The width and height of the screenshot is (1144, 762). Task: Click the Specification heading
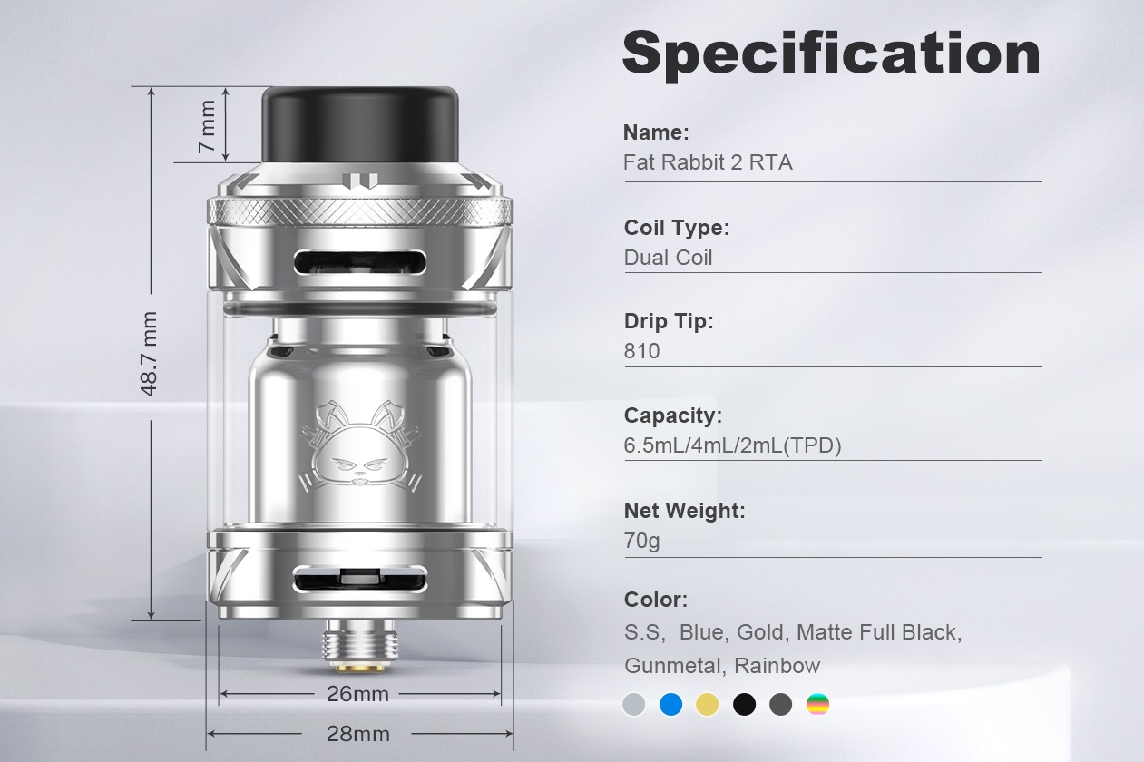pyautogui.click(x=830, y=53)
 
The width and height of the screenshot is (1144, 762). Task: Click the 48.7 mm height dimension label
pyautogui.click(x=150, y=354)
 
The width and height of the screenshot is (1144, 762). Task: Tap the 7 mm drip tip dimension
pyautogui.click(x=208, y=125)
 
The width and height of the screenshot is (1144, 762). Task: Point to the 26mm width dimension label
pyautogui.click(x=357, y=694)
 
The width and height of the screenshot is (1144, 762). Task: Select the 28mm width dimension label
pyautogui.click(x=357, y=733)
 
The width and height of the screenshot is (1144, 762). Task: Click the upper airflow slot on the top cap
pyautogui.click(x=360, y=263)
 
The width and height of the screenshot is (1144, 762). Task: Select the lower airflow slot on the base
pyautogui.click(x=360, y=580)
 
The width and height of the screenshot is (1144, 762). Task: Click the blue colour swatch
pyautogui.click(x=670, y=704)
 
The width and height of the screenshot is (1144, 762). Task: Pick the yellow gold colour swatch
pyautogui.click(x=707, y=704)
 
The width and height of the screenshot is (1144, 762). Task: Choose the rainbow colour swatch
pyautogui.click(x=817, y=704)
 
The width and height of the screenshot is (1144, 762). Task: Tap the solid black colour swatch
pyautogui.click(x=744, y=704)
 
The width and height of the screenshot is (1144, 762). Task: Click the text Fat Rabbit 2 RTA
pyautogui.click(x=708, y=162)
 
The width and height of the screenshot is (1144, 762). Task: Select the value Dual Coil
pyautogui.click(x=668, y=258)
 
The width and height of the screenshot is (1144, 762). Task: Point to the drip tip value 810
pyautogui.click(x=641, y=351)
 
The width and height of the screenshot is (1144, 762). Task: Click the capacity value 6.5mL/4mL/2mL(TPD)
pyautogui.click(x=732, y=445)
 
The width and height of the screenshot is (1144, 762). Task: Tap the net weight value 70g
pyautogui.click(x=641, y=541)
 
